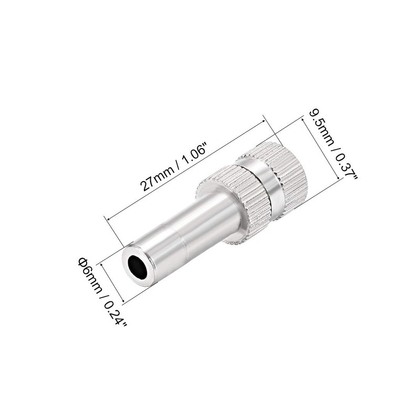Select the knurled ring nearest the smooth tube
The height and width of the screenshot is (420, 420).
244,205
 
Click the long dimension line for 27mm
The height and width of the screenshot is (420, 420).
184,170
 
